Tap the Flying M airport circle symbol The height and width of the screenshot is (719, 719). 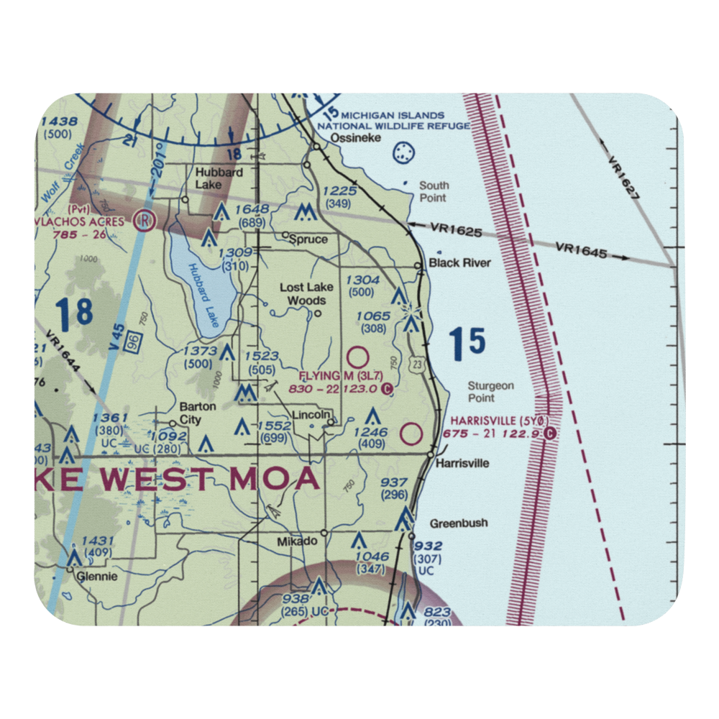(357, 357)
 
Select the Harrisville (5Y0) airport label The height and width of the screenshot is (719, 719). (500, 420)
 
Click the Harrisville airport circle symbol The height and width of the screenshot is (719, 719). (411, 434)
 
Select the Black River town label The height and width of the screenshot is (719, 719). (459, 263)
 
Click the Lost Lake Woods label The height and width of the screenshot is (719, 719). (306, 293)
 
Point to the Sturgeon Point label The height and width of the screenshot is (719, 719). (490, 391)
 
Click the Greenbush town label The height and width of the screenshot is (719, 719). (459, 523)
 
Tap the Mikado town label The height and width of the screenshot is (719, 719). (298, 540)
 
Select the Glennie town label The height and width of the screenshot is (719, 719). (97, 576)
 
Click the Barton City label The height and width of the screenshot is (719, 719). (197, 412)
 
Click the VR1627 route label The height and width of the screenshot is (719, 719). (623, 178)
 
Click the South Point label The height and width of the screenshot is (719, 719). (433, 192)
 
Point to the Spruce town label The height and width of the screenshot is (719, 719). (310, 239)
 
